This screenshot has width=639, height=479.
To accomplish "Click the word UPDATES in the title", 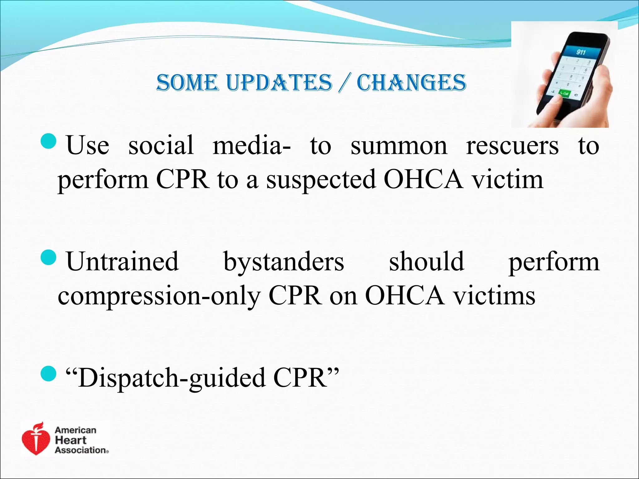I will coord(279,83).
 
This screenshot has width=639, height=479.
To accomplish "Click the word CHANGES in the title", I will coord(411,83).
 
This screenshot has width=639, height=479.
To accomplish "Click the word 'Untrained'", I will coord(122,261).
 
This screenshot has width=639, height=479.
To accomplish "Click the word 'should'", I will coord(426,261).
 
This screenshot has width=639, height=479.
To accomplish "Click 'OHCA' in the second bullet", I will coord(405,296).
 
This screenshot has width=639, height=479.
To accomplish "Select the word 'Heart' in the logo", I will coord(71,440).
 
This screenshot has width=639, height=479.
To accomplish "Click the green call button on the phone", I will coord(564,93).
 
